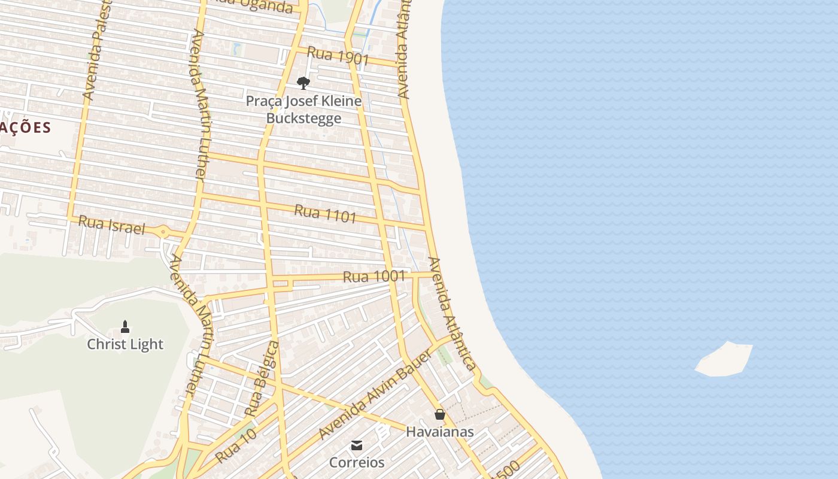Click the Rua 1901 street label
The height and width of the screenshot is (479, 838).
338,56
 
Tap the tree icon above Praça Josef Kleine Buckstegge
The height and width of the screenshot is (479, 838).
303,83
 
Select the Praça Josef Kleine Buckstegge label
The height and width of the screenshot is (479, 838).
303,109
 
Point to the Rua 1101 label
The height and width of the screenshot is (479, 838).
325,214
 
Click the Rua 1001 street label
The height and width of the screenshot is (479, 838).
374,277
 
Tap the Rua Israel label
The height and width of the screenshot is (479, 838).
112,225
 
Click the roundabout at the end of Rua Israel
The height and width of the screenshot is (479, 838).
163,232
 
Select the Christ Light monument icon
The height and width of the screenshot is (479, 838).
125,327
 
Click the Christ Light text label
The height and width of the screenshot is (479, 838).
125,344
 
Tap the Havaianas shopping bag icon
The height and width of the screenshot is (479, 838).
439,414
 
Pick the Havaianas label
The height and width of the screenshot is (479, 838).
439,432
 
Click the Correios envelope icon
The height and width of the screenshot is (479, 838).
357,445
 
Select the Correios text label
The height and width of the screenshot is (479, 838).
357,463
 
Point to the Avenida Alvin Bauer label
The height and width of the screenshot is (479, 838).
375,395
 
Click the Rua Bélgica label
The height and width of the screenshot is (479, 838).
262,379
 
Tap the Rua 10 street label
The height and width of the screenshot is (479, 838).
236,445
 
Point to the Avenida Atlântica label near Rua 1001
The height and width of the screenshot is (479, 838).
452,314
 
